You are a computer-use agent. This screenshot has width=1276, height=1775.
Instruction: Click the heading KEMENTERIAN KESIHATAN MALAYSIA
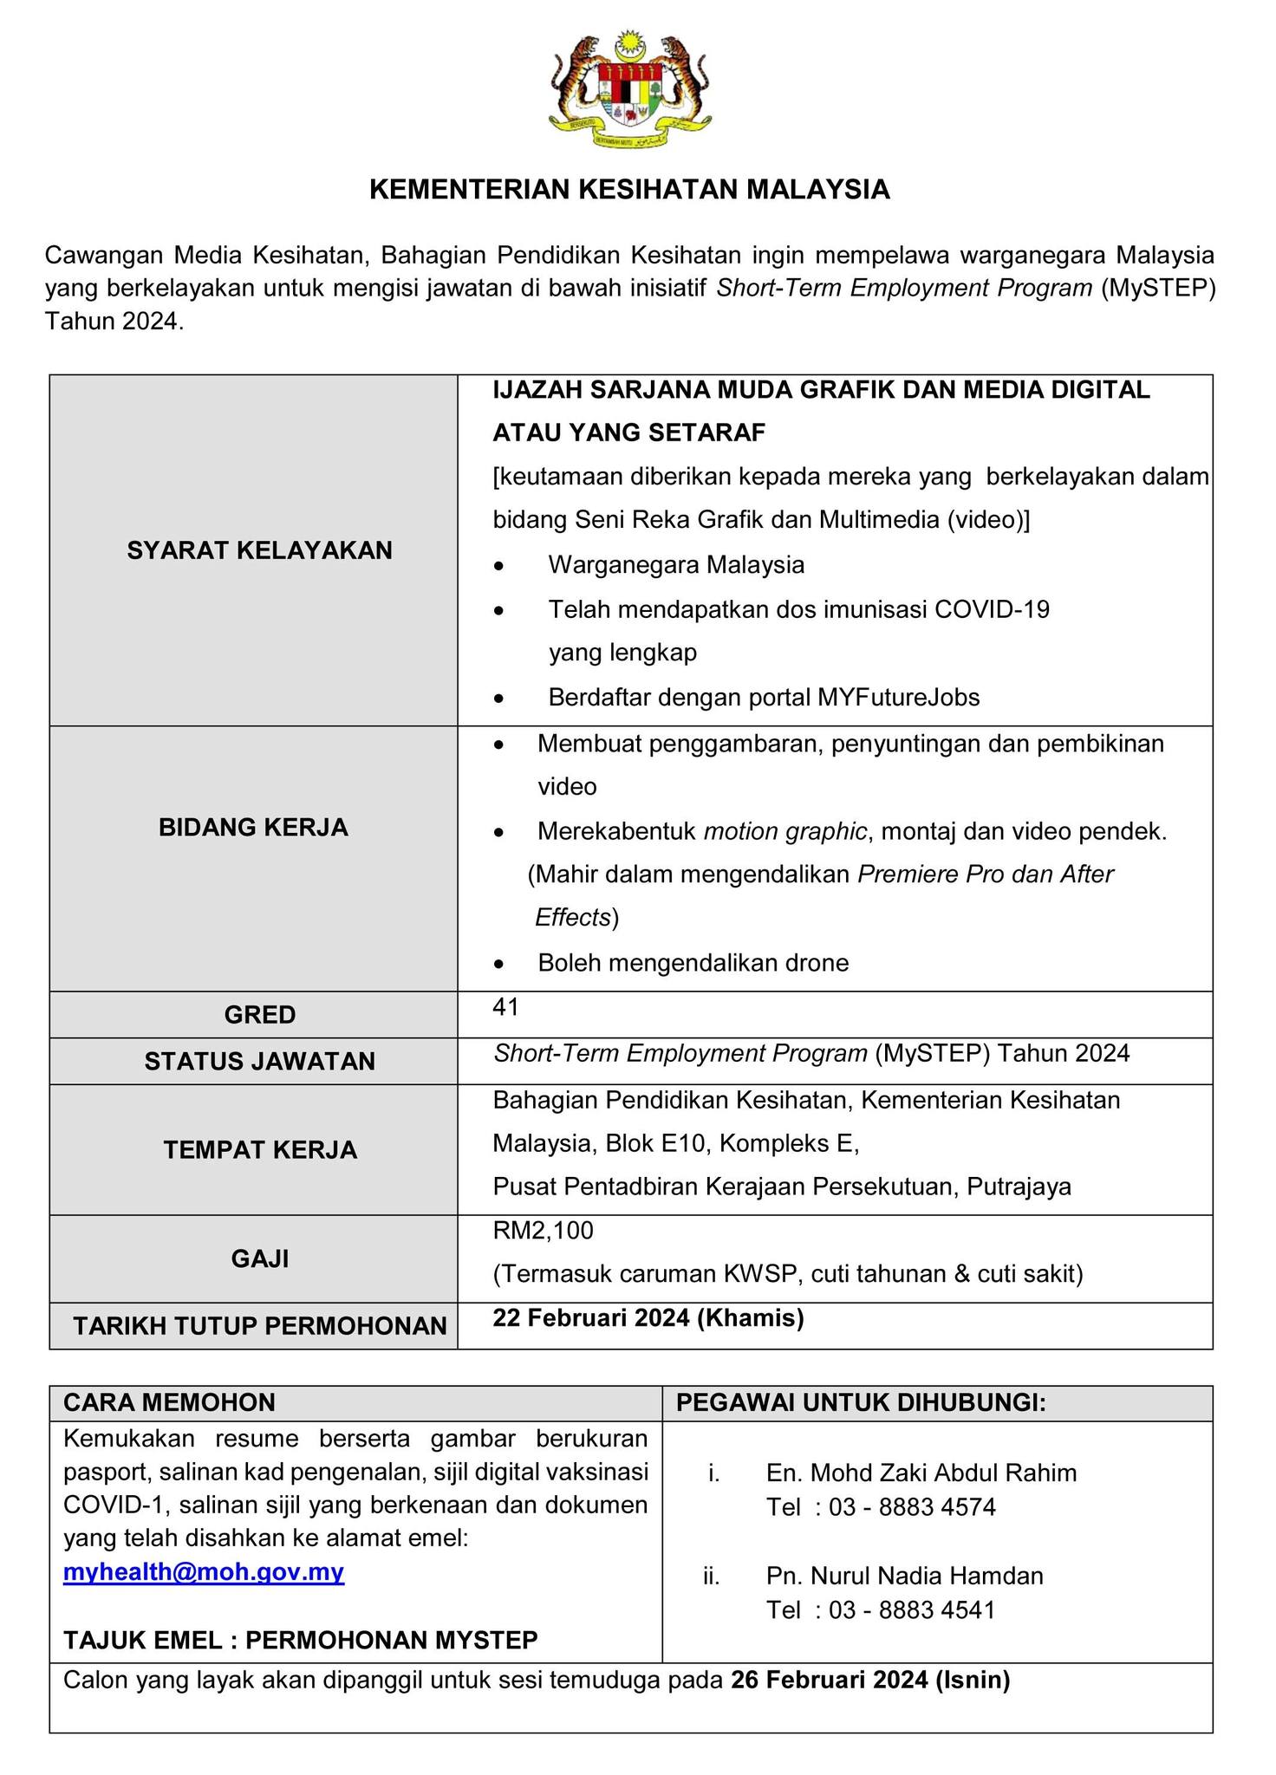coord(630,190)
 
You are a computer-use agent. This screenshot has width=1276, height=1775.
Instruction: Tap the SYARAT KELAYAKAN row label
coord(259,550)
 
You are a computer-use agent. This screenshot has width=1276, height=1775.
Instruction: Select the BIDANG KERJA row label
coord(253,828)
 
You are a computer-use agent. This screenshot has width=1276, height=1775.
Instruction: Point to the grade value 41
coord(505,1006)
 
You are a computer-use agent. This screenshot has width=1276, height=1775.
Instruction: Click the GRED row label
coord(260,1015)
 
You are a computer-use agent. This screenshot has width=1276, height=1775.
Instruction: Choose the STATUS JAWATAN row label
coord(260,1062)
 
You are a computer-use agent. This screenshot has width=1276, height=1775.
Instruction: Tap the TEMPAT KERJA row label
coord(260,1150)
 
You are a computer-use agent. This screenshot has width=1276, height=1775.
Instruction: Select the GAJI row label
coord(260,1258)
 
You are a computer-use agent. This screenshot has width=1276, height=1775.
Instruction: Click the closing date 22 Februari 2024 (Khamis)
coord(648,1318)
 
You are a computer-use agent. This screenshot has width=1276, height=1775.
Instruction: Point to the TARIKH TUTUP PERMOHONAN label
coord(260,1326)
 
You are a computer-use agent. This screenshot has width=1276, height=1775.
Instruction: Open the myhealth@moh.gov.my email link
coord(204,1573)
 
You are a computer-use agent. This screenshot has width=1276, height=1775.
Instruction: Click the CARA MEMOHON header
coord(169,1402)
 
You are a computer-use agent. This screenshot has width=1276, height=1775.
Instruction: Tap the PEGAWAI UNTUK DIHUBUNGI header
coord(861,1402)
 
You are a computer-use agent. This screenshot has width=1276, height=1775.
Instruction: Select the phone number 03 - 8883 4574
coord(912,1507)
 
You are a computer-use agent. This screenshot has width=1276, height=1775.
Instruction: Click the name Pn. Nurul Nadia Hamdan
coord(904,1576)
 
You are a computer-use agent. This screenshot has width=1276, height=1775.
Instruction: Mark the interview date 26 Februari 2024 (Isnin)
coord(870,1681)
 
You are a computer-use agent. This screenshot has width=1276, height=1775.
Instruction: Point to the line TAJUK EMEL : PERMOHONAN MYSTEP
coord(301,1640)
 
